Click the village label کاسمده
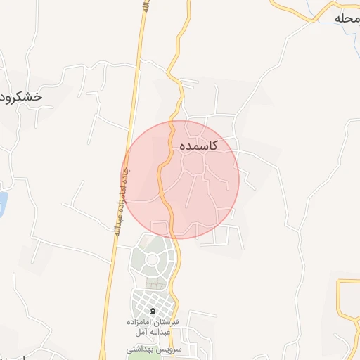198,146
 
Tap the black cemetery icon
153,311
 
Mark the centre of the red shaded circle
180,179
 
